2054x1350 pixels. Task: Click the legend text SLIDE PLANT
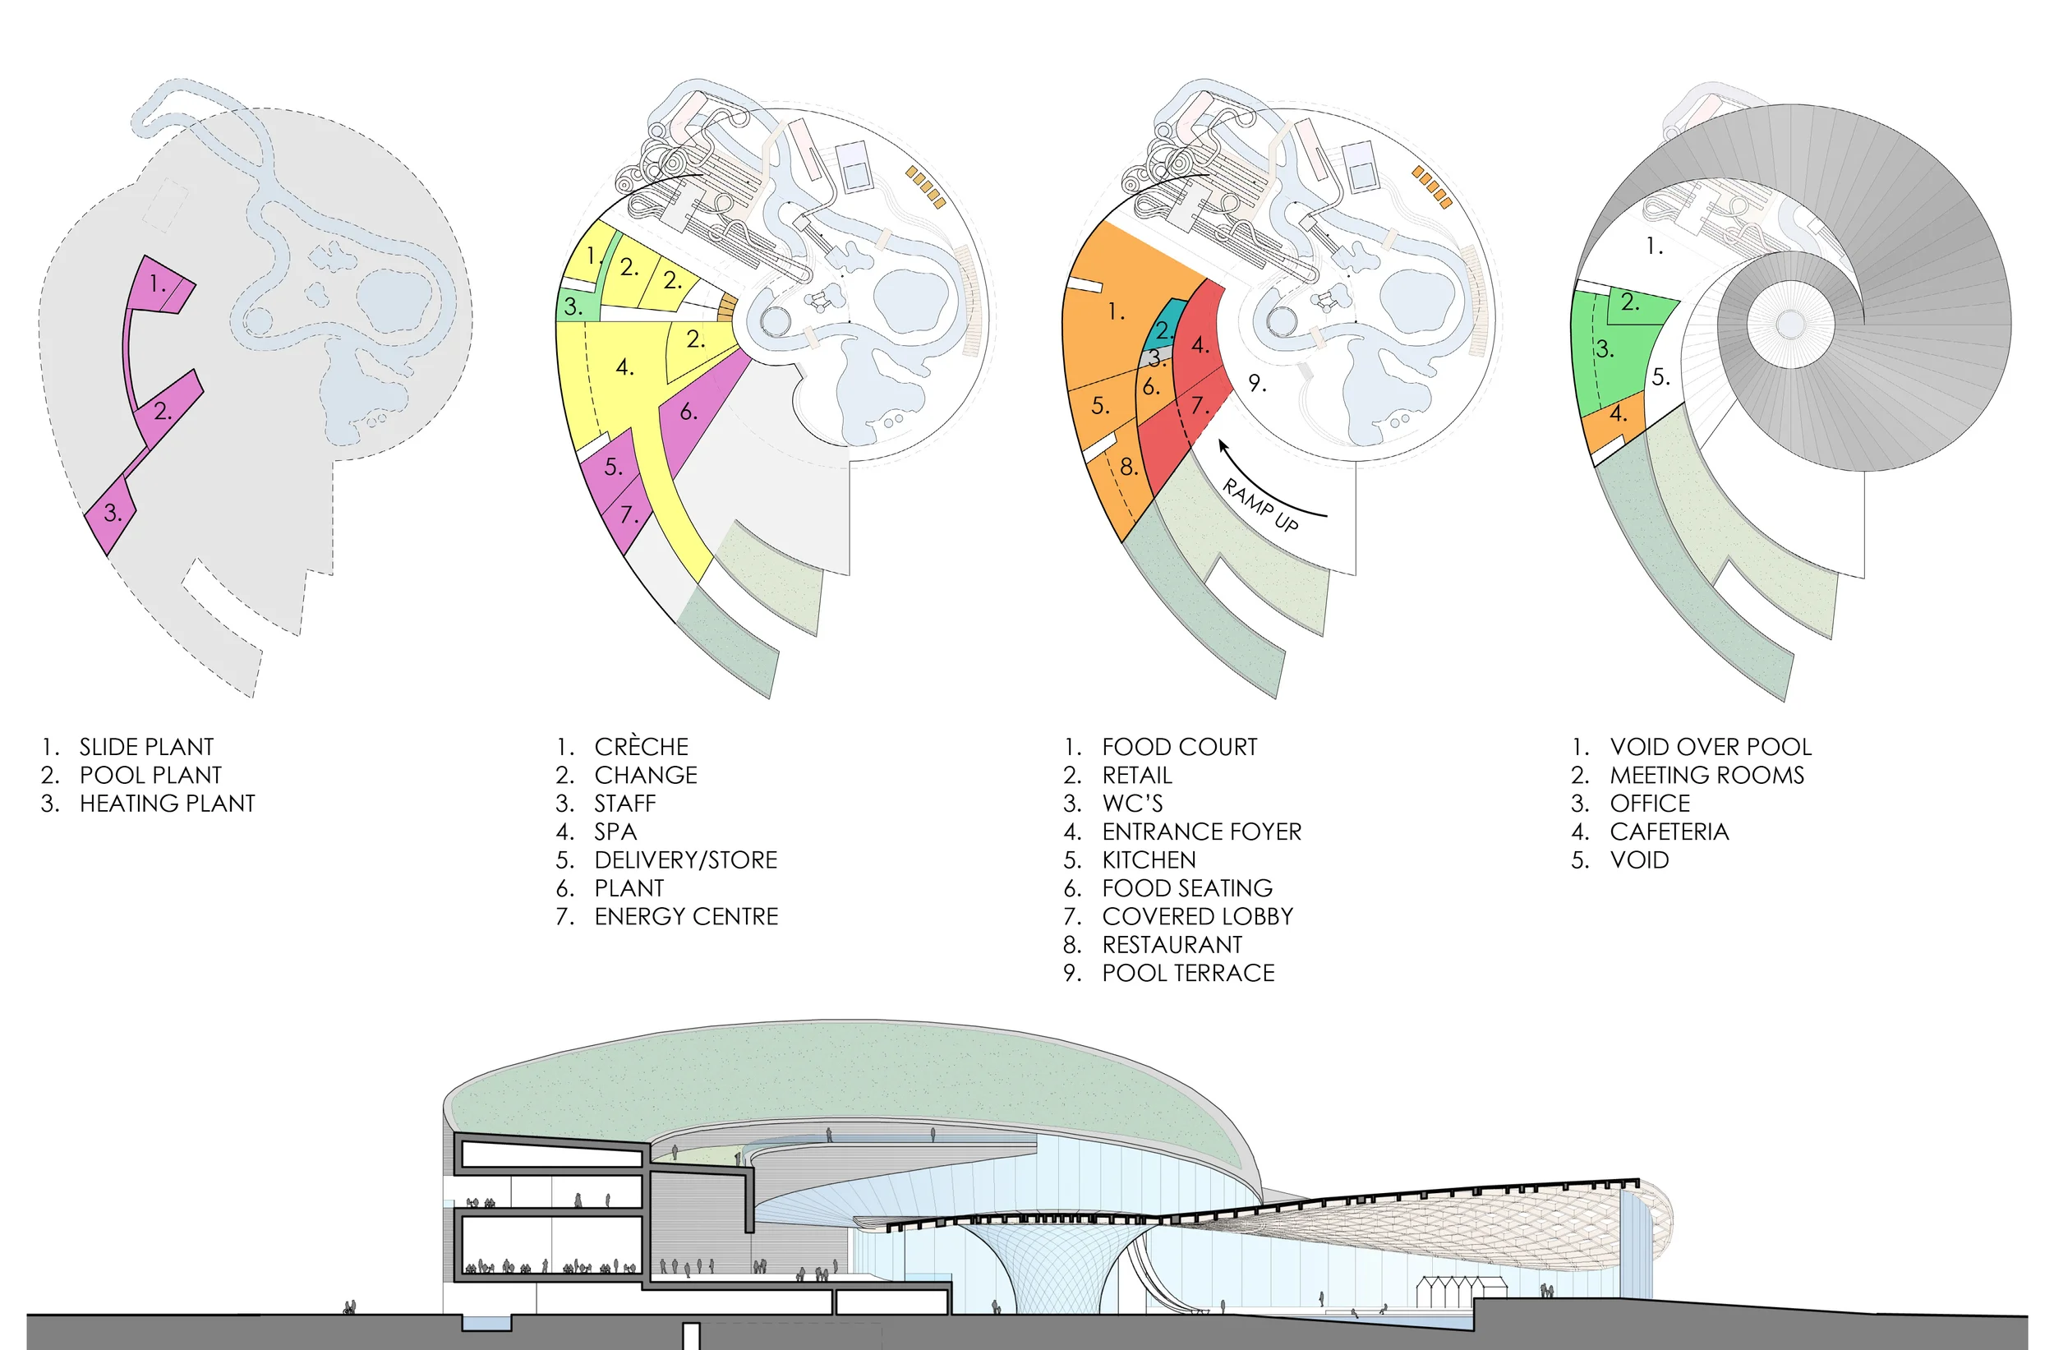146,747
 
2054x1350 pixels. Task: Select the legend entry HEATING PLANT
167,804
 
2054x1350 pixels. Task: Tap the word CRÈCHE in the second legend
641,747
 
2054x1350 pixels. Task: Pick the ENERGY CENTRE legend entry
686,917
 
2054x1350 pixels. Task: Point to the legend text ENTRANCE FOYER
1201,832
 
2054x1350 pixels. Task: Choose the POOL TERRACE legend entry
1187,974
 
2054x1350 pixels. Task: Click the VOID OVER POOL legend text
1711,747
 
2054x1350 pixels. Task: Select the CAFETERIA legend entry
1669,832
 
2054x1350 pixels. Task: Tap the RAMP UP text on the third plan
1261,505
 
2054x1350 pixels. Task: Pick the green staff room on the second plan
575,307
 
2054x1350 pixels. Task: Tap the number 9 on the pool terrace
1257,383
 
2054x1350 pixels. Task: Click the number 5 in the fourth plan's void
1660,377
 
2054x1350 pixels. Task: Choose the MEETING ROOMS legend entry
1706,775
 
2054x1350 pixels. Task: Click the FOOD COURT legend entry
1179,747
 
